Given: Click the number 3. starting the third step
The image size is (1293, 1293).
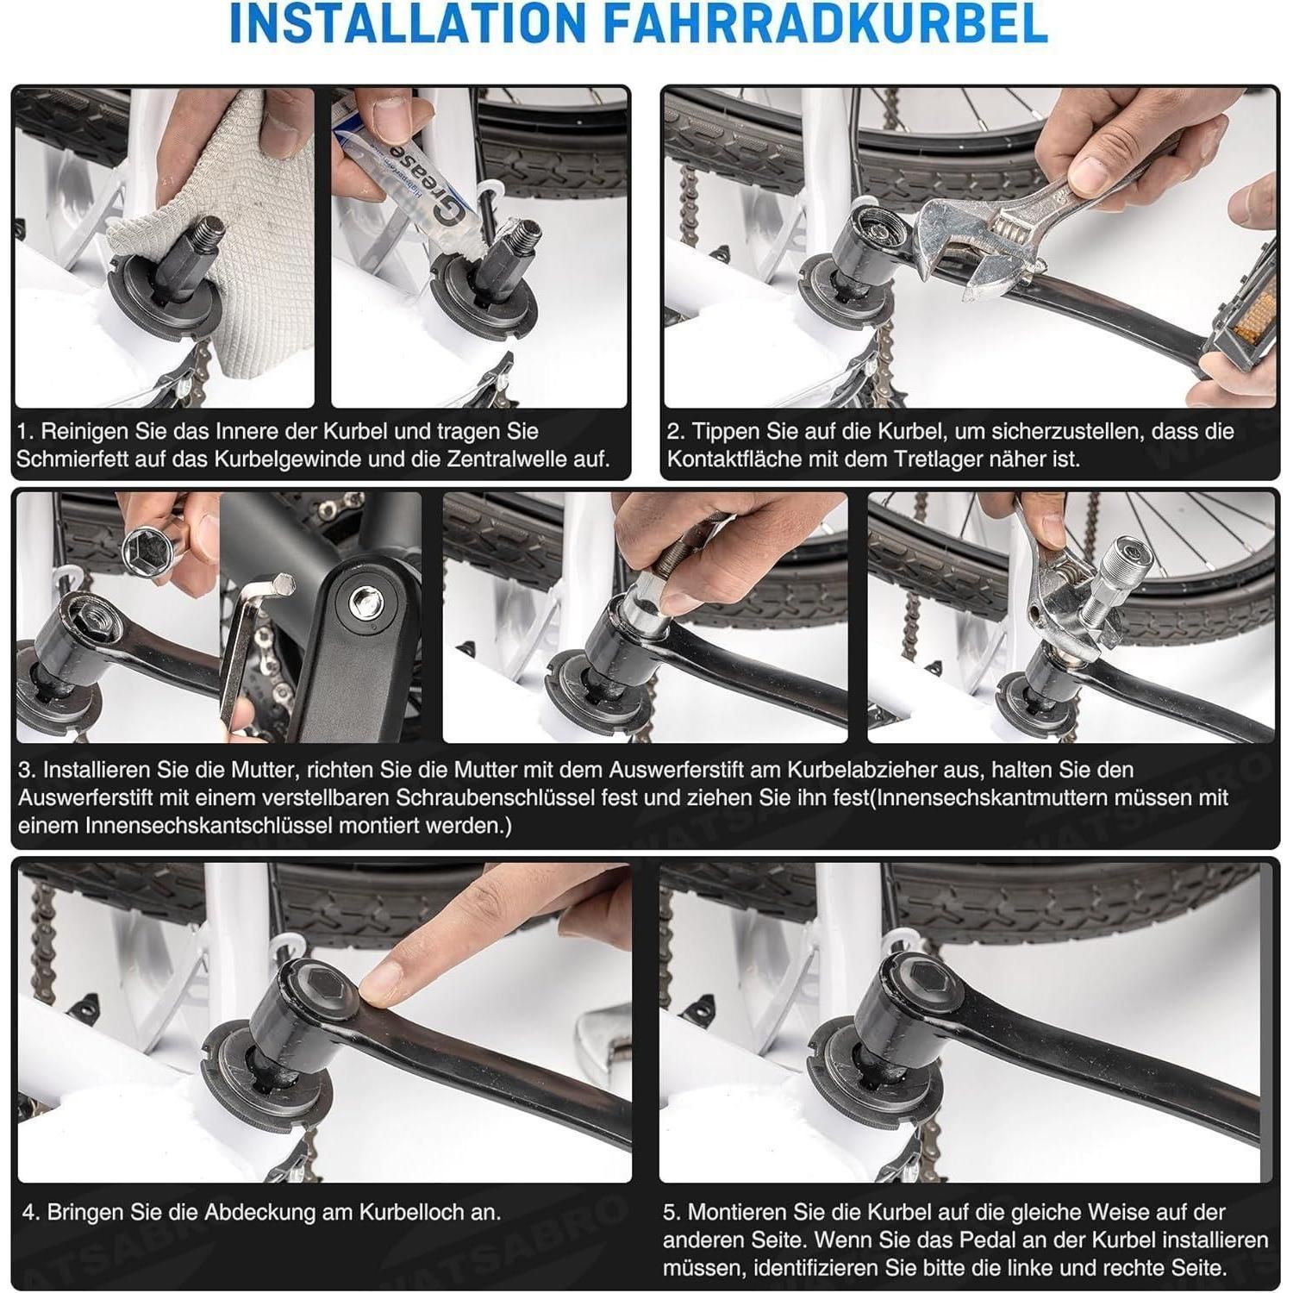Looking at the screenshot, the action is coord(28,770).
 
